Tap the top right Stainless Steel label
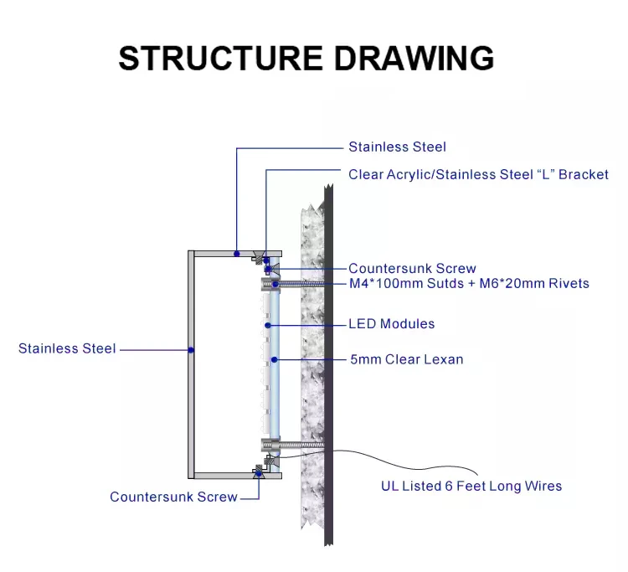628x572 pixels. pos(397,147)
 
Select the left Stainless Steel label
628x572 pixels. pos(67,348)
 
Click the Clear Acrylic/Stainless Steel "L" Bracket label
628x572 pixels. pos(478,175)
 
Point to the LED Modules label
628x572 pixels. pos(391,324)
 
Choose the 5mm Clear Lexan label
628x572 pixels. pos(406,360)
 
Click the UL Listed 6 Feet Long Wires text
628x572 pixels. pos(471,486)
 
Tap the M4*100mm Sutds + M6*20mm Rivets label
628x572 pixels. pos(469,284)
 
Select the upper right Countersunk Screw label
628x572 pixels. pos(412,269)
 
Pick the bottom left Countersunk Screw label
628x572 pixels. pos(173,497)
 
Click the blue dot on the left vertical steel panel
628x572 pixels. pos(192,348)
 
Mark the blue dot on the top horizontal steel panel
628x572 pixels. pos(237,252)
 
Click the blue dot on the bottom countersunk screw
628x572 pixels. pos(259,474)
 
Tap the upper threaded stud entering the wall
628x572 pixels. pos(301,285)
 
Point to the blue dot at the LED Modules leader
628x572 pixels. pos(267,324)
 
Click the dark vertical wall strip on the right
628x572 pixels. pos(330,368)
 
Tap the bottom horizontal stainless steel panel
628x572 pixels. pos(226,475)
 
